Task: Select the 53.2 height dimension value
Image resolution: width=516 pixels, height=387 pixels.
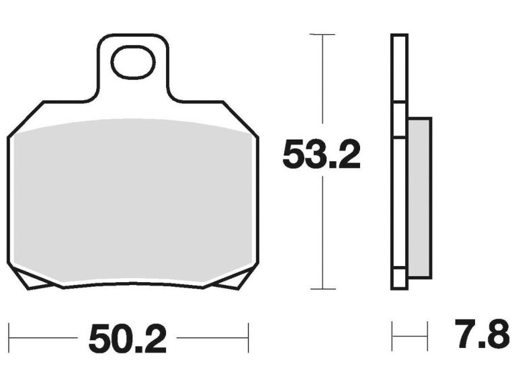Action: point(322,155)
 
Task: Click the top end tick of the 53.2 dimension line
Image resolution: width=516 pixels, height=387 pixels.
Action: point(323,34)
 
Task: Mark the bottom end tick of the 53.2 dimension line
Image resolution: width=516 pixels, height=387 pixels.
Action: point(323,289)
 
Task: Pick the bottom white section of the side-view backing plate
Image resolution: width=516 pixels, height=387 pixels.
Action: point(399,279)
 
